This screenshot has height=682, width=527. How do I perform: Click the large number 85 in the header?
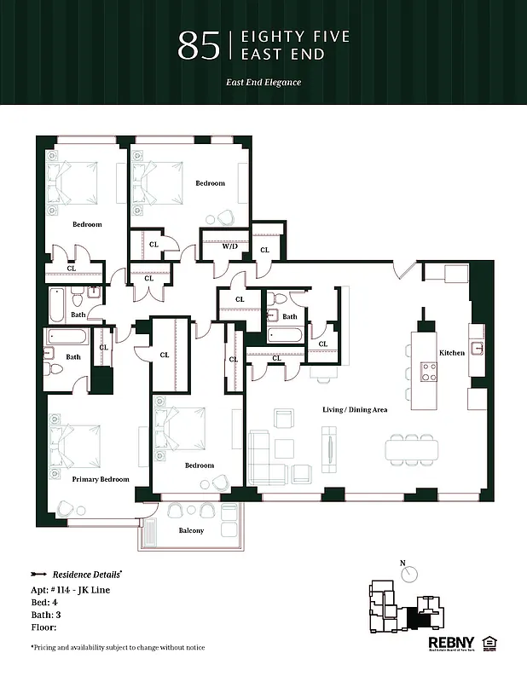tap(198, 46)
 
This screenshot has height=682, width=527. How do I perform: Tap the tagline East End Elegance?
tap(263, 83)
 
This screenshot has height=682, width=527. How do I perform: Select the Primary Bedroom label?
tap(101, 479)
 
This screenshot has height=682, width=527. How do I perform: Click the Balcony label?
tap(191, 530)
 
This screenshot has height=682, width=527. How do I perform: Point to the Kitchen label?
tap(451, 353)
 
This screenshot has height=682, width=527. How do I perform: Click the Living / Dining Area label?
tap(355, 410)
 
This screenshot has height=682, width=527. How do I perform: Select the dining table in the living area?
tap(413, 448)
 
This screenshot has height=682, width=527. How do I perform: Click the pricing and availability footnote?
tap(118, 648)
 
